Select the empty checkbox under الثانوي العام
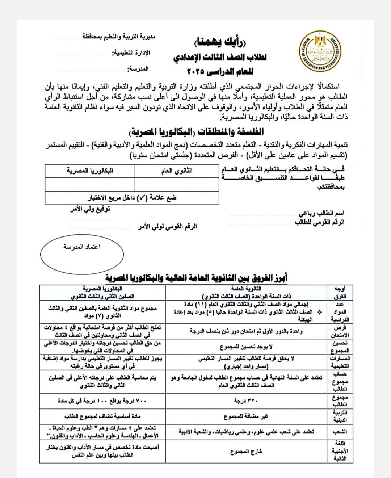pos(177,184)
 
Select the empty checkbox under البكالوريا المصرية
pos(90,184)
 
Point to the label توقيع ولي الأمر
pos(90,210)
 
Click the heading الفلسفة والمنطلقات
pos(197,131)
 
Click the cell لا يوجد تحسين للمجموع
pos(246,347)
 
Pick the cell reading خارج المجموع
pos(246,452)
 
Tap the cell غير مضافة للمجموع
pos(246,417)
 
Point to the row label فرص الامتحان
pos(339,331)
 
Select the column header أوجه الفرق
pos(339,292)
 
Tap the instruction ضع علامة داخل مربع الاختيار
pos(133,198)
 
